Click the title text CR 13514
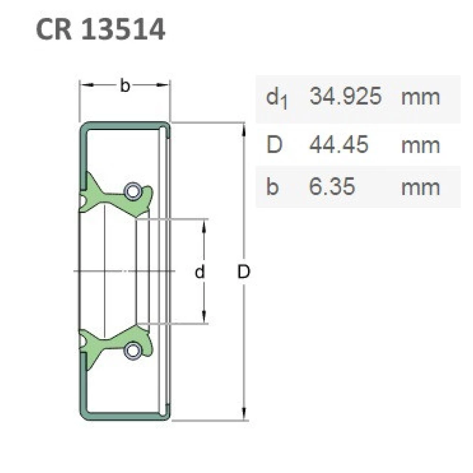click(x=100, y=29)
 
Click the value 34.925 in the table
click(x=345, y=97)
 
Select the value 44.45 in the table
click(x=338, y=144)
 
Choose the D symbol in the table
click(x=274, y=144)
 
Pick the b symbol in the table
click(x=272, y=187)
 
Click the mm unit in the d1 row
click(x=420, y=97)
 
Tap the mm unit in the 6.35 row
click(x=420, y=187)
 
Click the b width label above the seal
click(x=124, y=86)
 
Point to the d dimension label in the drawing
click(x=201, y=272)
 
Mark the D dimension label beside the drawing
click(x=244, y=272)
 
